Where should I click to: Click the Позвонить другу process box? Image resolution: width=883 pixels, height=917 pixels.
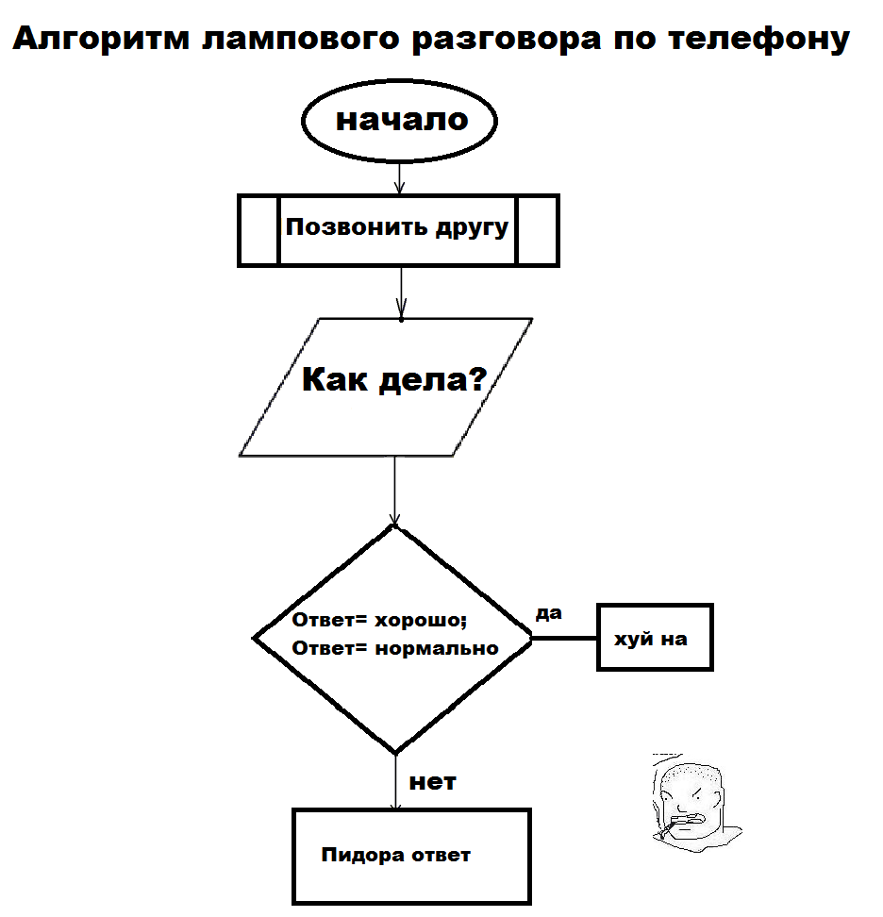(x=398, y=229)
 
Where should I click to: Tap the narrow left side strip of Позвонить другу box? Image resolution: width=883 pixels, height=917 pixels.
(x=258, y=230)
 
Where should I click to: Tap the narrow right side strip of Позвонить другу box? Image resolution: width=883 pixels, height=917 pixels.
(x=538, y=230)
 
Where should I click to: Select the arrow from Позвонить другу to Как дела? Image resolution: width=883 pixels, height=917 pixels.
(x=401, y=292)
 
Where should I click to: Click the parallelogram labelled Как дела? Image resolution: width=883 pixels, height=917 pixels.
(x=395, y=387)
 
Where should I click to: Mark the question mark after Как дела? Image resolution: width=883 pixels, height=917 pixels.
(x=476, y=380)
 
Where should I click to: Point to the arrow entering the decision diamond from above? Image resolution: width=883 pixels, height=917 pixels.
(x=394, y=491)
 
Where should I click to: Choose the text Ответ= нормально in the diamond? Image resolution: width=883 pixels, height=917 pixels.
(x=395, y=648)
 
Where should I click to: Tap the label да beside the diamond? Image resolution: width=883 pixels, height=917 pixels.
(x=548, y=613)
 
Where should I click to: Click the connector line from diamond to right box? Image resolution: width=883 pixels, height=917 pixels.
(x=564, y=639)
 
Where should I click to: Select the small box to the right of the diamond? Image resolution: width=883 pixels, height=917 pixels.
(x=655, y=638)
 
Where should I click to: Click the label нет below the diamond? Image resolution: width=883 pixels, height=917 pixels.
(x=432, y=782)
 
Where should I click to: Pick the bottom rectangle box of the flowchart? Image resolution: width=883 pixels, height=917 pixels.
(x=410, y=856)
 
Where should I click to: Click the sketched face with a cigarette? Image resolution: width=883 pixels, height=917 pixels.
(x=693, y=800)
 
